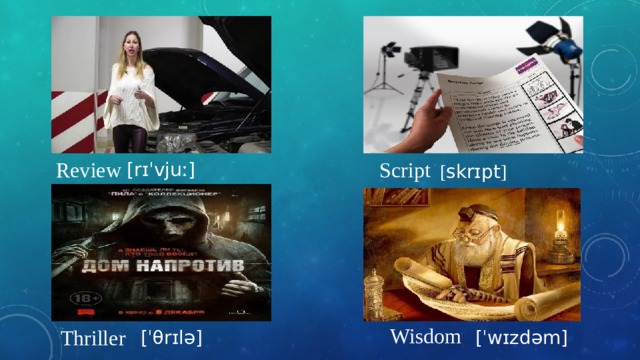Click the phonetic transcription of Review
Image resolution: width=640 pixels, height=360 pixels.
[x=175, y=168]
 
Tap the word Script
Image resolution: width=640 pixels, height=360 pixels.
[x=404, y=170]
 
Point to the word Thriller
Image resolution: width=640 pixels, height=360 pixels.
[x=93, y=340]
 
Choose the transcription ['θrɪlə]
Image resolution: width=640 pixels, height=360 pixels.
[x=173, y=338]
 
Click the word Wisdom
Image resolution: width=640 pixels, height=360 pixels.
[x=426, y=335]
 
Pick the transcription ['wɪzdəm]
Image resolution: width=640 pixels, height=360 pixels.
[x=522, y=338]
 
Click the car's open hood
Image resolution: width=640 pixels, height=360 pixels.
[x=215, y=45]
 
